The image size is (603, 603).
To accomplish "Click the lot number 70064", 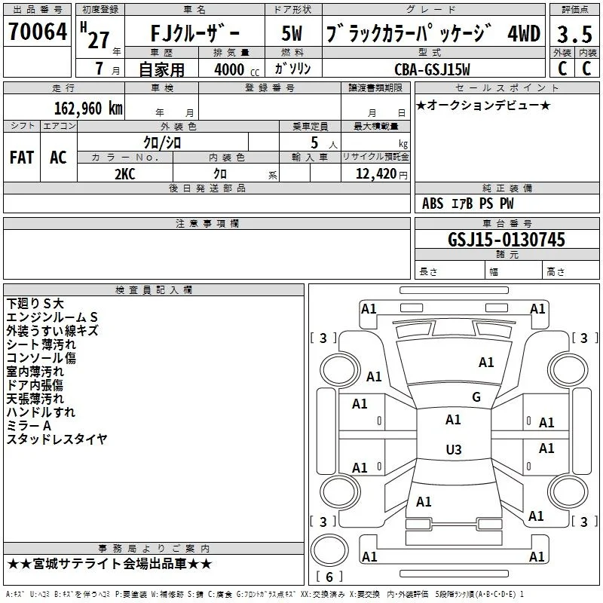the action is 38,32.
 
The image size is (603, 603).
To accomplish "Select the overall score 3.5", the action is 574,34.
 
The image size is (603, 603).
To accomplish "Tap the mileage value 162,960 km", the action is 88,108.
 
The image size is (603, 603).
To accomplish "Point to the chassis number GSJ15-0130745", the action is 507,239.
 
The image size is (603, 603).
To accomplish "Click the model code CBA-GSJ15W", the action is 432,69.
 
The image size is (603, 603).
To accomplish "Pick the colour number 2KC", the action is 125,174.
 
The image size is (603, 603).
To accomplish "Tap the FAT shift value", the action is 22,158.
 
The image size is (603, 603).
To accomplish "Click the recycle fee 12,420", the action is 376,174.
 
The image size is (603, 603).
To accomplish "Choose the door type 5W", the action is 292,33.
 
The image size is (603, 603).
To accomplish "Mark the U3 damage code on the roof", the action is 454,449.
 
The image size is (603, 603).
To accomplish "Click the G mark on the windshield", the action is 476,396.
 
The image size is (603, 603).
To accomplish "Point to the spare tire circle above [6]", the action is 329,551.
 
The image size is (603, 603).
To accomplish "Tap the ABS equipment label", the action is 433,204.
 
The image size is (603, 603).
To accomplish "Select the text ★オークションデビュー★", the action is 483,105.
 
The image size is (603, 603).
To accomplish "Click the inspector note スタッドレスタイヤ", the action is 57,439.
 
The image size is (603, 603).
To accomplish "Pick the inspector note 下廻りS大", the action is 35,304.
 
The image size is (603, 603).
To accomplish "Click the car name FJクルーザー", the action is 195,33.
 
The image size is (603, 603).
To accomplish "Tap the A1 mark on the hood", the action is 486,362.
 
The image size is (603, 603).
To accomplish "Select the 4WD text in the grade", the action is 524,33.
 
